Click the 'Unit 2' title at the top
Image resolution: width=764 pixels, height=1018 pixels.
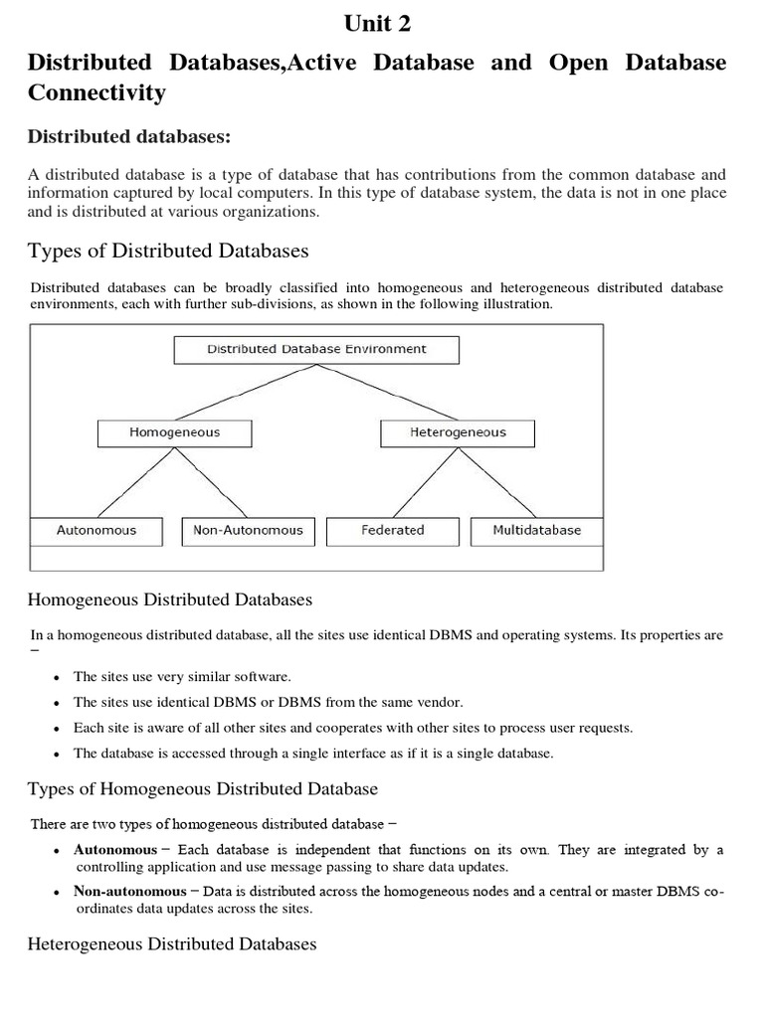pyautogui.click(x=376, y=22)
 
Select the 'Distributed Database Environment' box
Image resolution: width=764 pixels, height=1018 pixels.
pyautogui.click(x=316, y=350)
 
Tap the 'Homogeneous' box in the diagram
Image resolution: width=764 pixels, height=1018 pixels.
pyautogui.click(x=175, y=433)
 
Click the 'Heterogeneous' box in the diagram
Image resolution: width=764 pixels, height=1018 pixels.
pyautogui.click(x=458, y=433)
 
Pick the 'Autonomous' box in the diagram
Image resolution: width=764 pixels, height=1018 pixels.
pyautogui.click(x=96, y=531)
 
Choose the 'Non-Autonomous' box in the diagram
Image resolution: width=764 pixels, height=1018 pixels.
pyautogui.click(x=248, y=531)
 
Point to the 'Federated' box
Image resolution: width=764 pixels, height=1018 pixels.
pyautogui.click(x=392, y=531)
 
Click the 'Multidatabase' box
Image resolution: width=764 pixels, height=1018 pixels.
pyautogui.click(x=536, y=531)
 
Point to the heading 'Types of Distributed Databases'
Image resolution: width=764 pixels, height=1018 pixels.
pyautogui.click(x=167, y=250)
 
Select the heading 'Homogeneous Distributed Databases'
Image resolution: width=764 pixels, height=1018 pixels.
pyautogui.click(x=170, y=599)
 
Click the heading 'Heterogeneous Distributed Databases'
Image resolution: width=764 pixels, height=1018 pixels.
pyautogui.click(x=172, y=943)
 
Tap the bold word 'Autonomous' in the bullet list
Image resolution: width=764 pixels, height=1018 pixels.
pyautogui.click(x=115, y=850)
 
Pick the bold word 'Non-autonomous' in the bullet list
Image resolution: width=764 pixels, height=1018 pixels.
pyautogui.click(x=130, y=892)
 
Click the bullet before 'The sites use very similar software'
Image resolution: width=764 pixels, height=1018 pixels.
pyautogui.click(x=57, y=678)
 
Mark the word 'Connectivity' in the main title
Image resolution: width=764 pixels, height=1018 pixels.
pyautogui.click(x=95, y=93)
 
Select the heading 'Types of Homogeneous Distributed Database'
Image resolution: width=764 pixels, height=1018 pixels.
pyautogui.click(x=202, y=789)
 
